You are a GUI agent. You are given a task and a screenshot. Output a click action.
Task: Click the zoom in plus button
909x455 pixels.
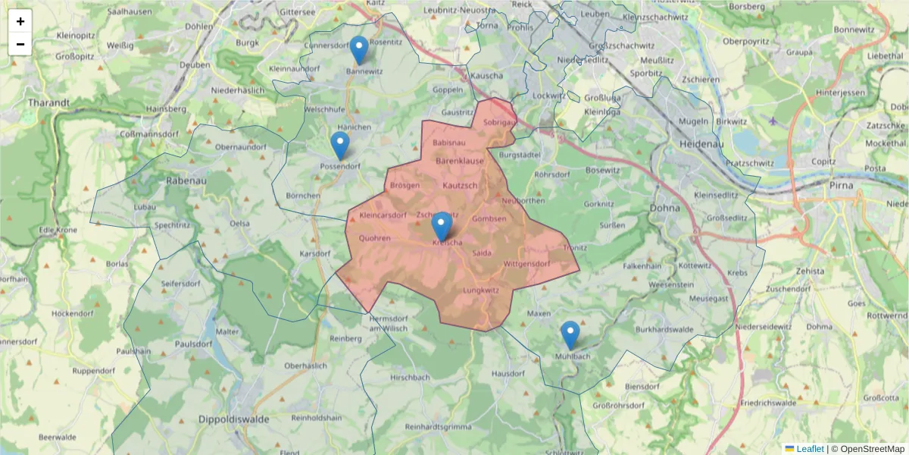tap(20, 21)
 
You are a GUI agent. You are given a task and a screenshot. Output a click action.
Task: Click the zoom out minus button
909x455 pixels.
tap(20, 44)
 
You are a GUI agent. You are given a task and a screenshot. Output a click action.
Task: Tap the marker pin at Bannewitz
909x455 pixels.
tap(359, 51)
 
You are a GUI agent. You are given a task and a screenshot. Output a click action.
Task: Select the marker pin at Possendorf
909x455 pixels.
tap(340, 146)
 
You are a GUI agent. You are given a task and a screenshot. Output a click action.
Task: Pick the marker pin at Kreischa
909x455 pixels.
tap(442, 227)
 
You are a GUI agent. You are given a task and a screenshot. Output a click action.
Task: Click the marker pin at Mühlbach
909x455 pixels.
tap(570, 336)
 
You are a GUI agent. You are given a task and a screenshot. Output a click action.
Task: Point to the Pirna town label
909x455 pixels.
tap(841, 185)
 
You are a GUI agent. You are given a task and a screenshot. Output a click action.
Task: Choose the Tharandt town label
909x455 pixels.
tap(48, 102)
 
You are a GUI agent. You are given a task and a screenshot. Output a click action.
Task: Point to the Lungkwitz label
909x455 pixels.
tap(480, 290)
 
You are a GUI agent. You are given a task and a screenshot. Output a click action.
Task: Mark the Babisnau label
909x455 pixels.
tap(450, 143)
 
